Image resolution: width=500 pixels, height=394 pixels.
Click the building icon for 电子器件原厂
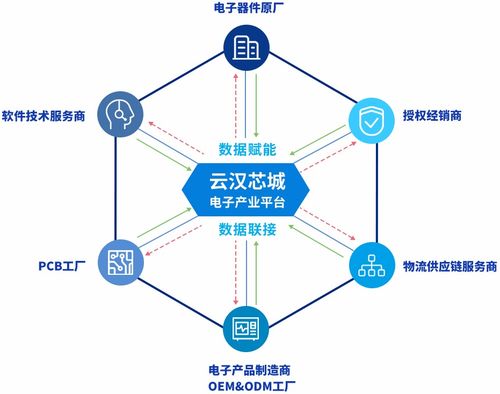pyautogui.click(x=248, y=47)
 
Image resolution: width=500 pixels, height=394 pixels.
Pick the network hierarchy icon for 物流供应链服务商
pyautogui.click(x=373, y=265)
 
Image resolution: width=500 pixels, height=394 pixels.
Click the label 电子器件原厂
pyautogui.click(x=248, y=10)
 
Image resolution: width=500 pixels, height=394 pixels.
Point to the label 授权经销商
pyautogui.click(x=434, y=115)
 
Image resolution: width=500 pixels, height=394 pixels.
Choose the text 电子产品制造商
pyautogui.click(x=248, y=367)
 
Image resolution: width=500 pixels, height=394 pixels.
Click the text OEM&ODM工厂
pyautogui.click(x=248, y=384)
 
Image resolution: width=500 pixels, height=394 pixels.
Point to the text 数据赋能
pyautogui.click(x=249, y=149)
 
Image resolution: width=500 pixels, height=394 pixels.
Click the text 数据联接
pyautogui.click(x=249, y=229)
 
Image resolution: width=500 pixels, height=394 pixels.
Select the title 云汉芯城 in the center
pyautogui.click(x=249, y=181)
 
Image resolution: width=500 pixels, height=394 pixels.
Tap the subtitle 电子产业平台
pyautogui.click(x=249, y=203)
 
